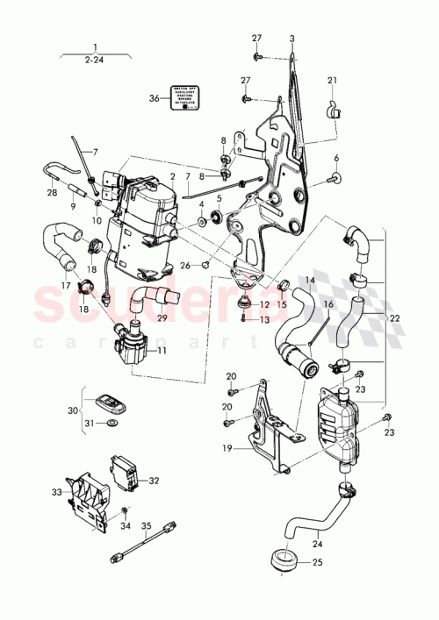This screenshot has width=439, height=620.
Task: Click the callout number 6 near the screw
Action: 335,158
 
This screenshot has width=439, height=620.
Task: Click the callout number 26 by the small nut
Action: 184,266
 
